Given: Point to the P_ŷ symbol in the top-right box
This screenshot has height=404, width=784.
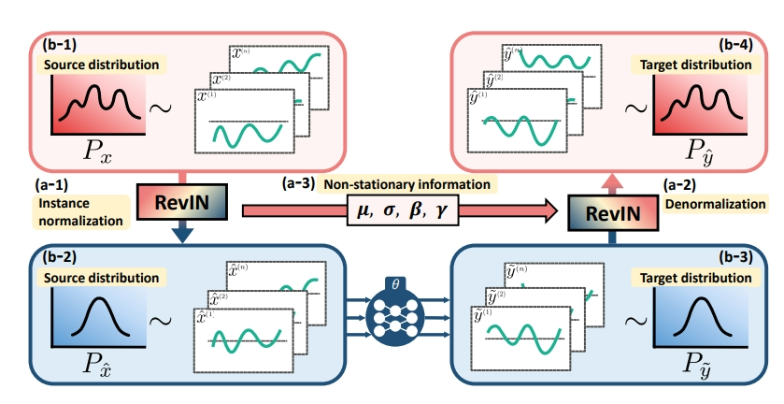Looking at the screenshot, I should [x=698, y=151].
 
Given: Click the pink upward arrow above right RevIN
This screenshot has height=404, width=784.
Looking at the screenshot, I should [x=611, y=181].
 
